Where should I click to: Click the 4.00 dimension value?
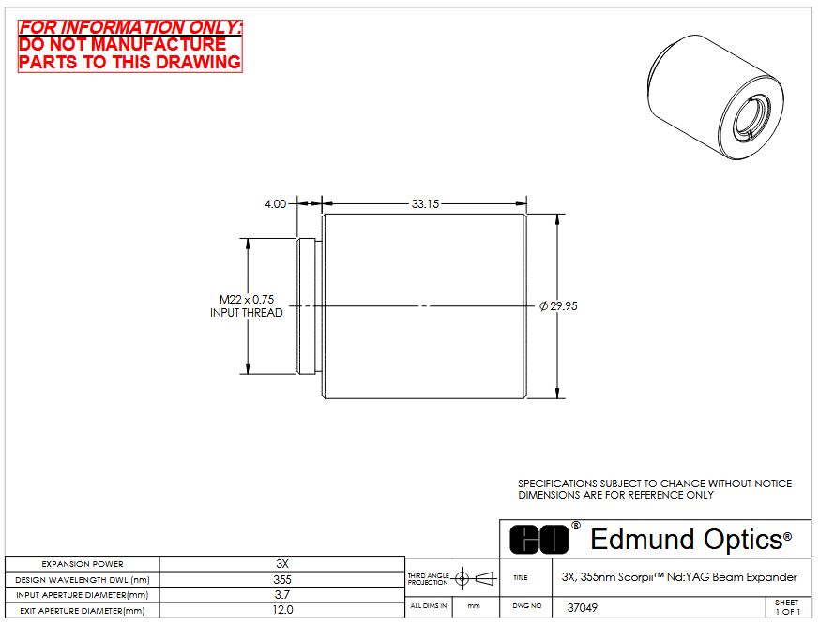(x=275, y=204)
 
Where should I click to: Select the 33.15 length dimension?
(x=425, y=204)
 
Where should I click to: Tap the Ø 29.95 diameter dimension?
(x=558, y=306)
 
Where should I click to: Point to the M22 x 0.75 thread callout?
(x=247, y=300)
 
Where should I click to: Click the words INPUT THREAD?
(x=247, y=313)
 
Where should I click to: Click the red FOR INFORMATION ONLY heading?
(x=130, y=27)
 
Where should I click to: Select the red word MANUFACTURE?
(x=159, y=44)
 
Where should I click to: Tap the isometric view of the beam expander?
(x=715, y=97)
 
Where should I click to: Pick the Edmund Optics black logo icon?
(x=539, y=540)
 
